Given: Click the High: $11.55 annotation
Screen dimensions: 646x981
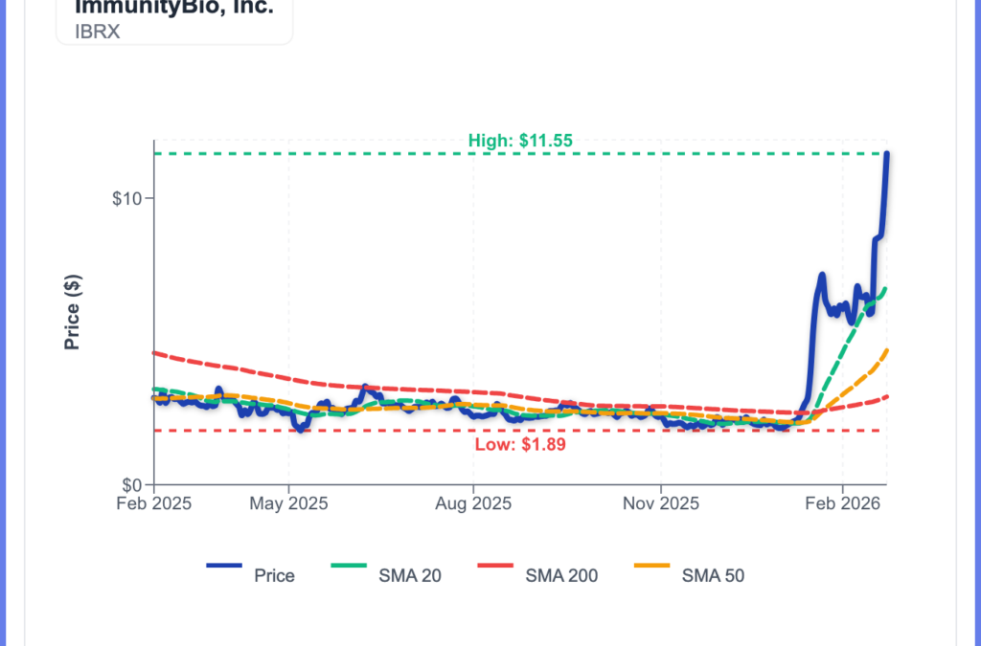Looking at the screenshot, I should pyautogui.click(x=520, y=141).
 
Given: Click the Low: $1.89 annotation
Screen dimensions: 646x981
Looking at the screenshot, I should pyautogui.click(x=520, y=444).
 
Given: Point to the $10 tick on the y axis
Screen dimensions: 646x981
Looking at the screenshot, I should pyautogui.click(x=127, y=199).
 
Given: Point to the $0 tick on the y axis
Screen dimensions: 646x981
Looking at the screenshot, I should pyautogui.click(x=132, y=484).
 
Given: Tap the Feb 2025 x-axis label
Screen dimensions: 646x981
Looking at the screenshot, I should pyautogui.click(x=155, y=502).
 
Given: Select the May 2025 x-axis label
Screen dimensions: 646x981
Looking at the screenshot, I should pyautogui.click(x=288, y=502).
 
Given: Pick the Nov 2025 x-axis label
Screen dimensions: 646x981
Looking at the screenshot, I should pyautogui.click(x=660, y=502).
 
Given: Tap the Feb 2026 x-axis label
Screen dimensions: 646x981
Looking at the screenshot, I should pyautogui.click(x=842, y=502).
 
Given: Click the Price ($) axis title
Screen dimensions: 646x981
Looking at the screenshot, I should pyautogui.click(x=72, y=312).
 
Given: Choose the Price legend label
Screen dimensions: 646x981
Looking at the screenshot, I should pyautogui.click(x=274, y=575).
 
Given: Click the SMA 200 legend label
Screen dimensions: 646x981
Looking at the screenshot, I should pyautogui.click(x=561, y=575).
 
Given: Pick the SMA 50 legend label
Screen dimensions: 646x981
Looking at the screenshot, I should pyautogui.click(x=713, y=575).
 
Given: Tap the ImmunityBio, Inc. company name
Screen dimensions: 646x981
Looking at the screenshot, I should pyautogui.click(x=173, y=7).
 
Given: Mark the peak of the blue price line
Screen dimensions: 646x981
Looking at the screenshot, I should pyautogui.click(x=887, y=154).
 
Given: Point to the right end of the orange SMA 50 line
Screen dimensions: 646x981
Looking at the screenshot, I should pyautogui.click(x=888, y=350).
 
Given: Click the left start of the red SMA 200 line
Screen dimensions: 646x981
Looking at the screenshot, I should pyautogui.click(x=155, y=353).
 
